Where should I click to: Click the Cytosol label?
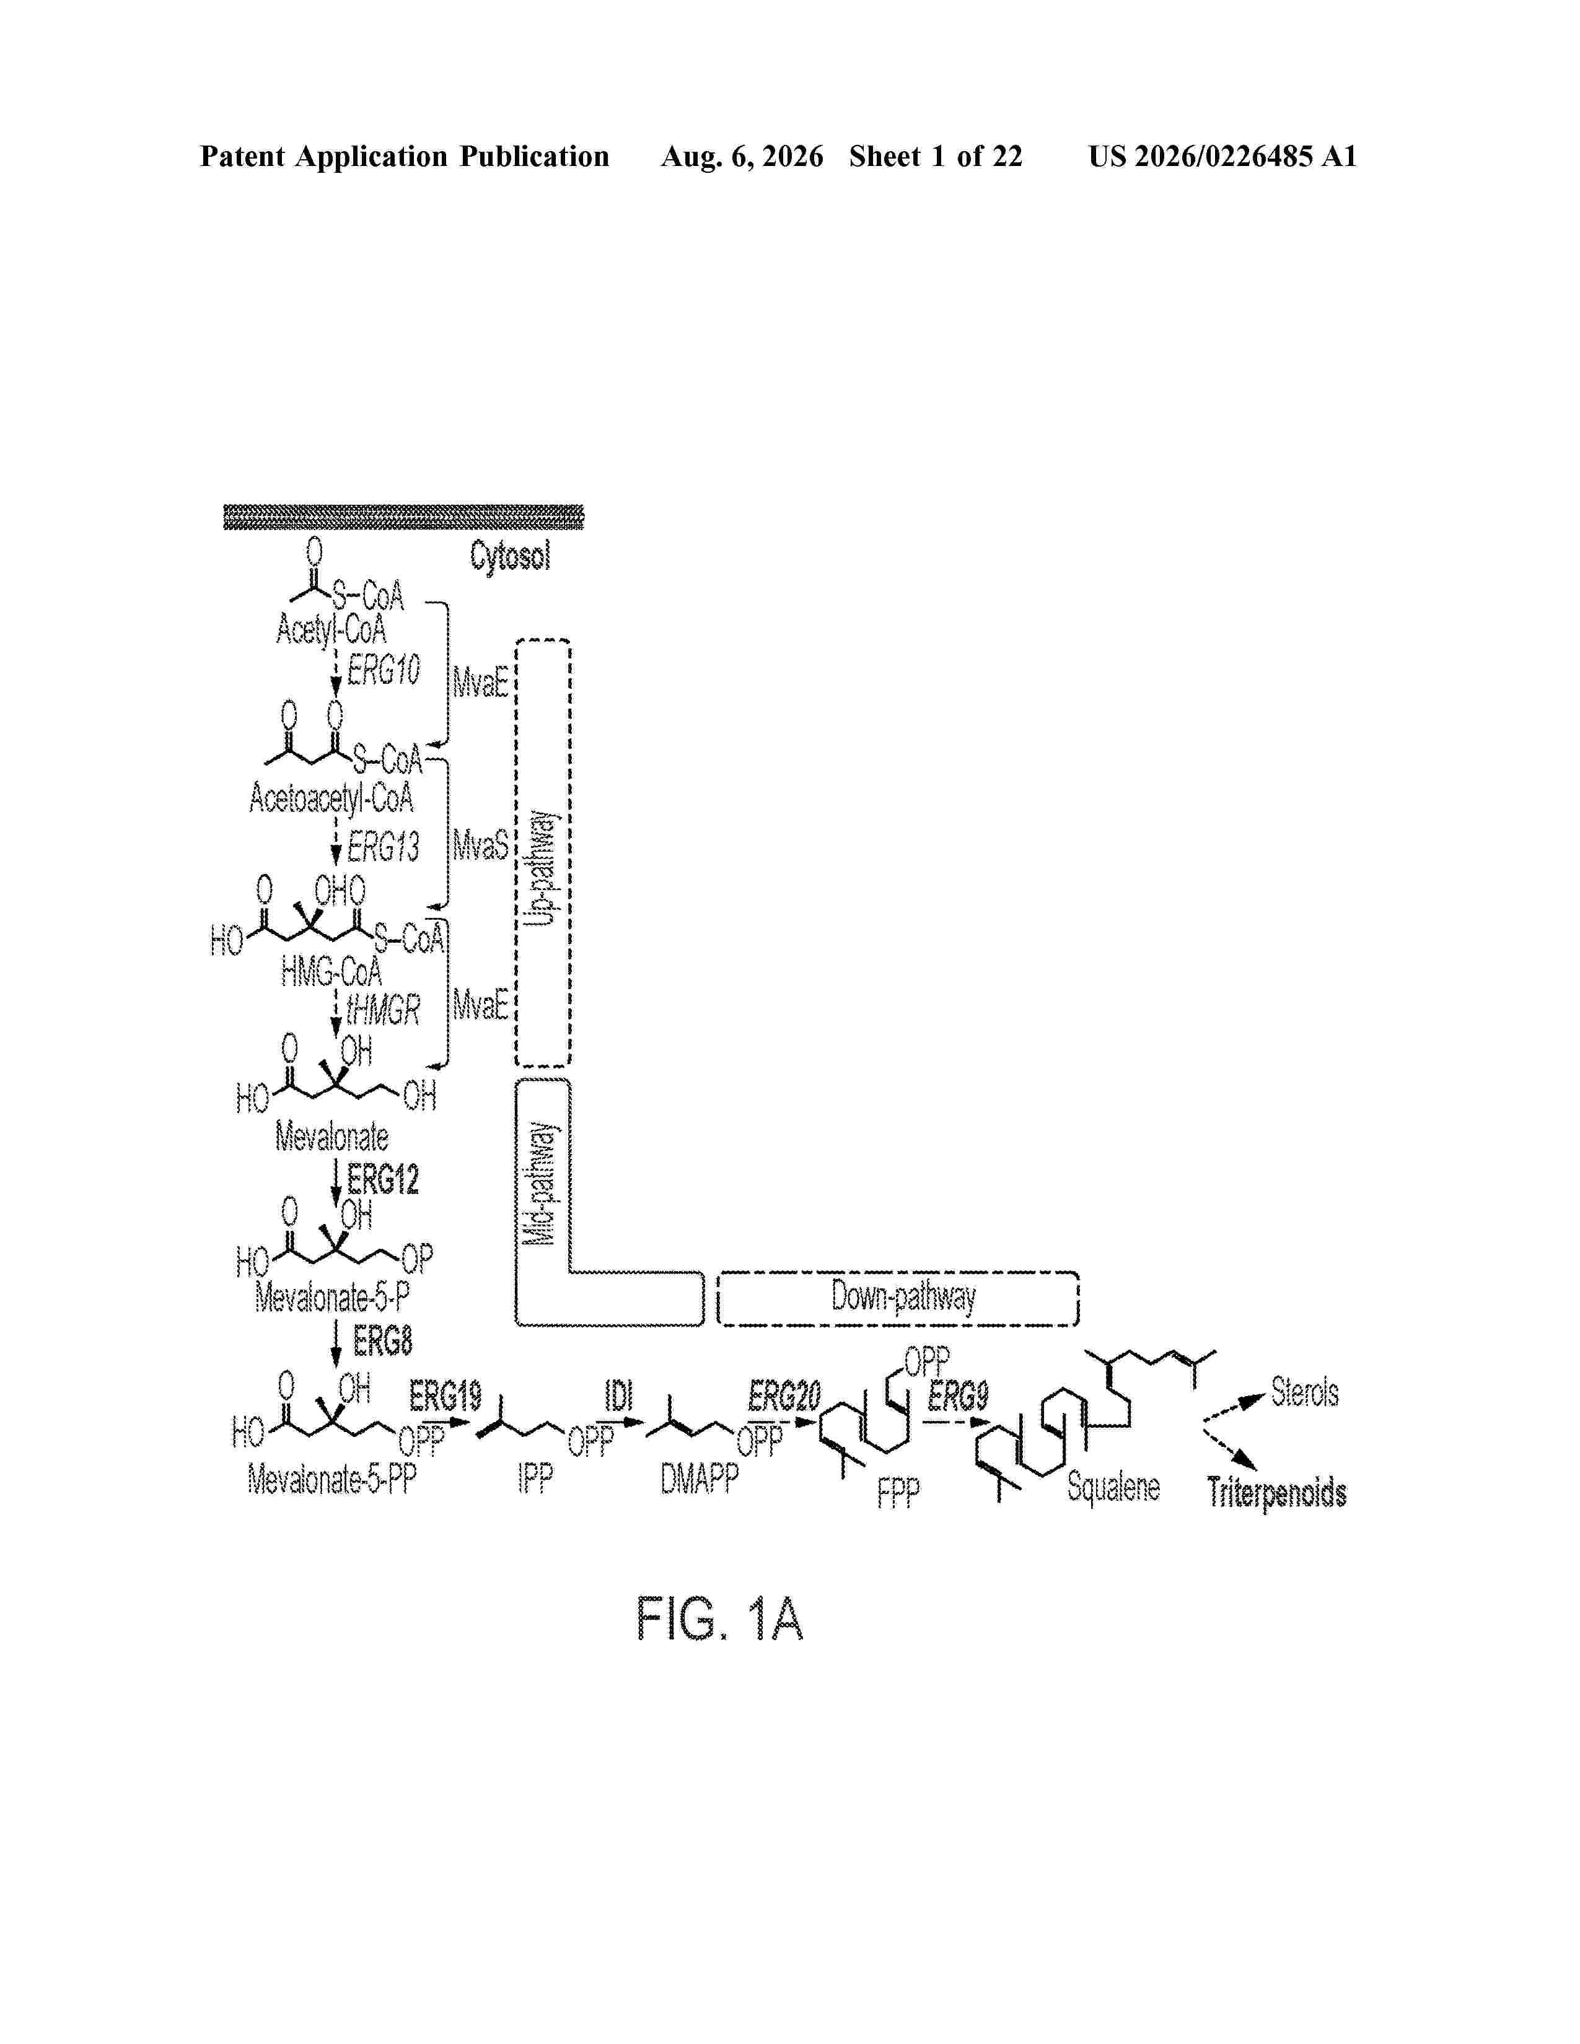[510, 557]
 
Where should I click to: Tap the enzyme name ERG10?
[383, 670]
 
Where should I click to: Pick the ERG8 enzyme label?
[383, 1342]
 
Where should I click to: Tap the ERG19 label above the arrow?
[445, 1396]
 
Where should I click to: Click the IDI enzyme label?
[619, 1396]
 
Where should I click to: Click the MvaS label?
[481, 846]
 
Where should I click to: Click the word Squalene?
[1113, 1486]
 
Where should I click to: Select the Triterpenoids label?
[1277, 1492]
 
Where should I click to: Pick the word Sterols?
[1305, 1392]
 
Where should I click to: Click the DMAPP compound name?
[699, 1478]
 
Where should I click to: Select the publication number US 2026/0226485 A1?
[1222, 156]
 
